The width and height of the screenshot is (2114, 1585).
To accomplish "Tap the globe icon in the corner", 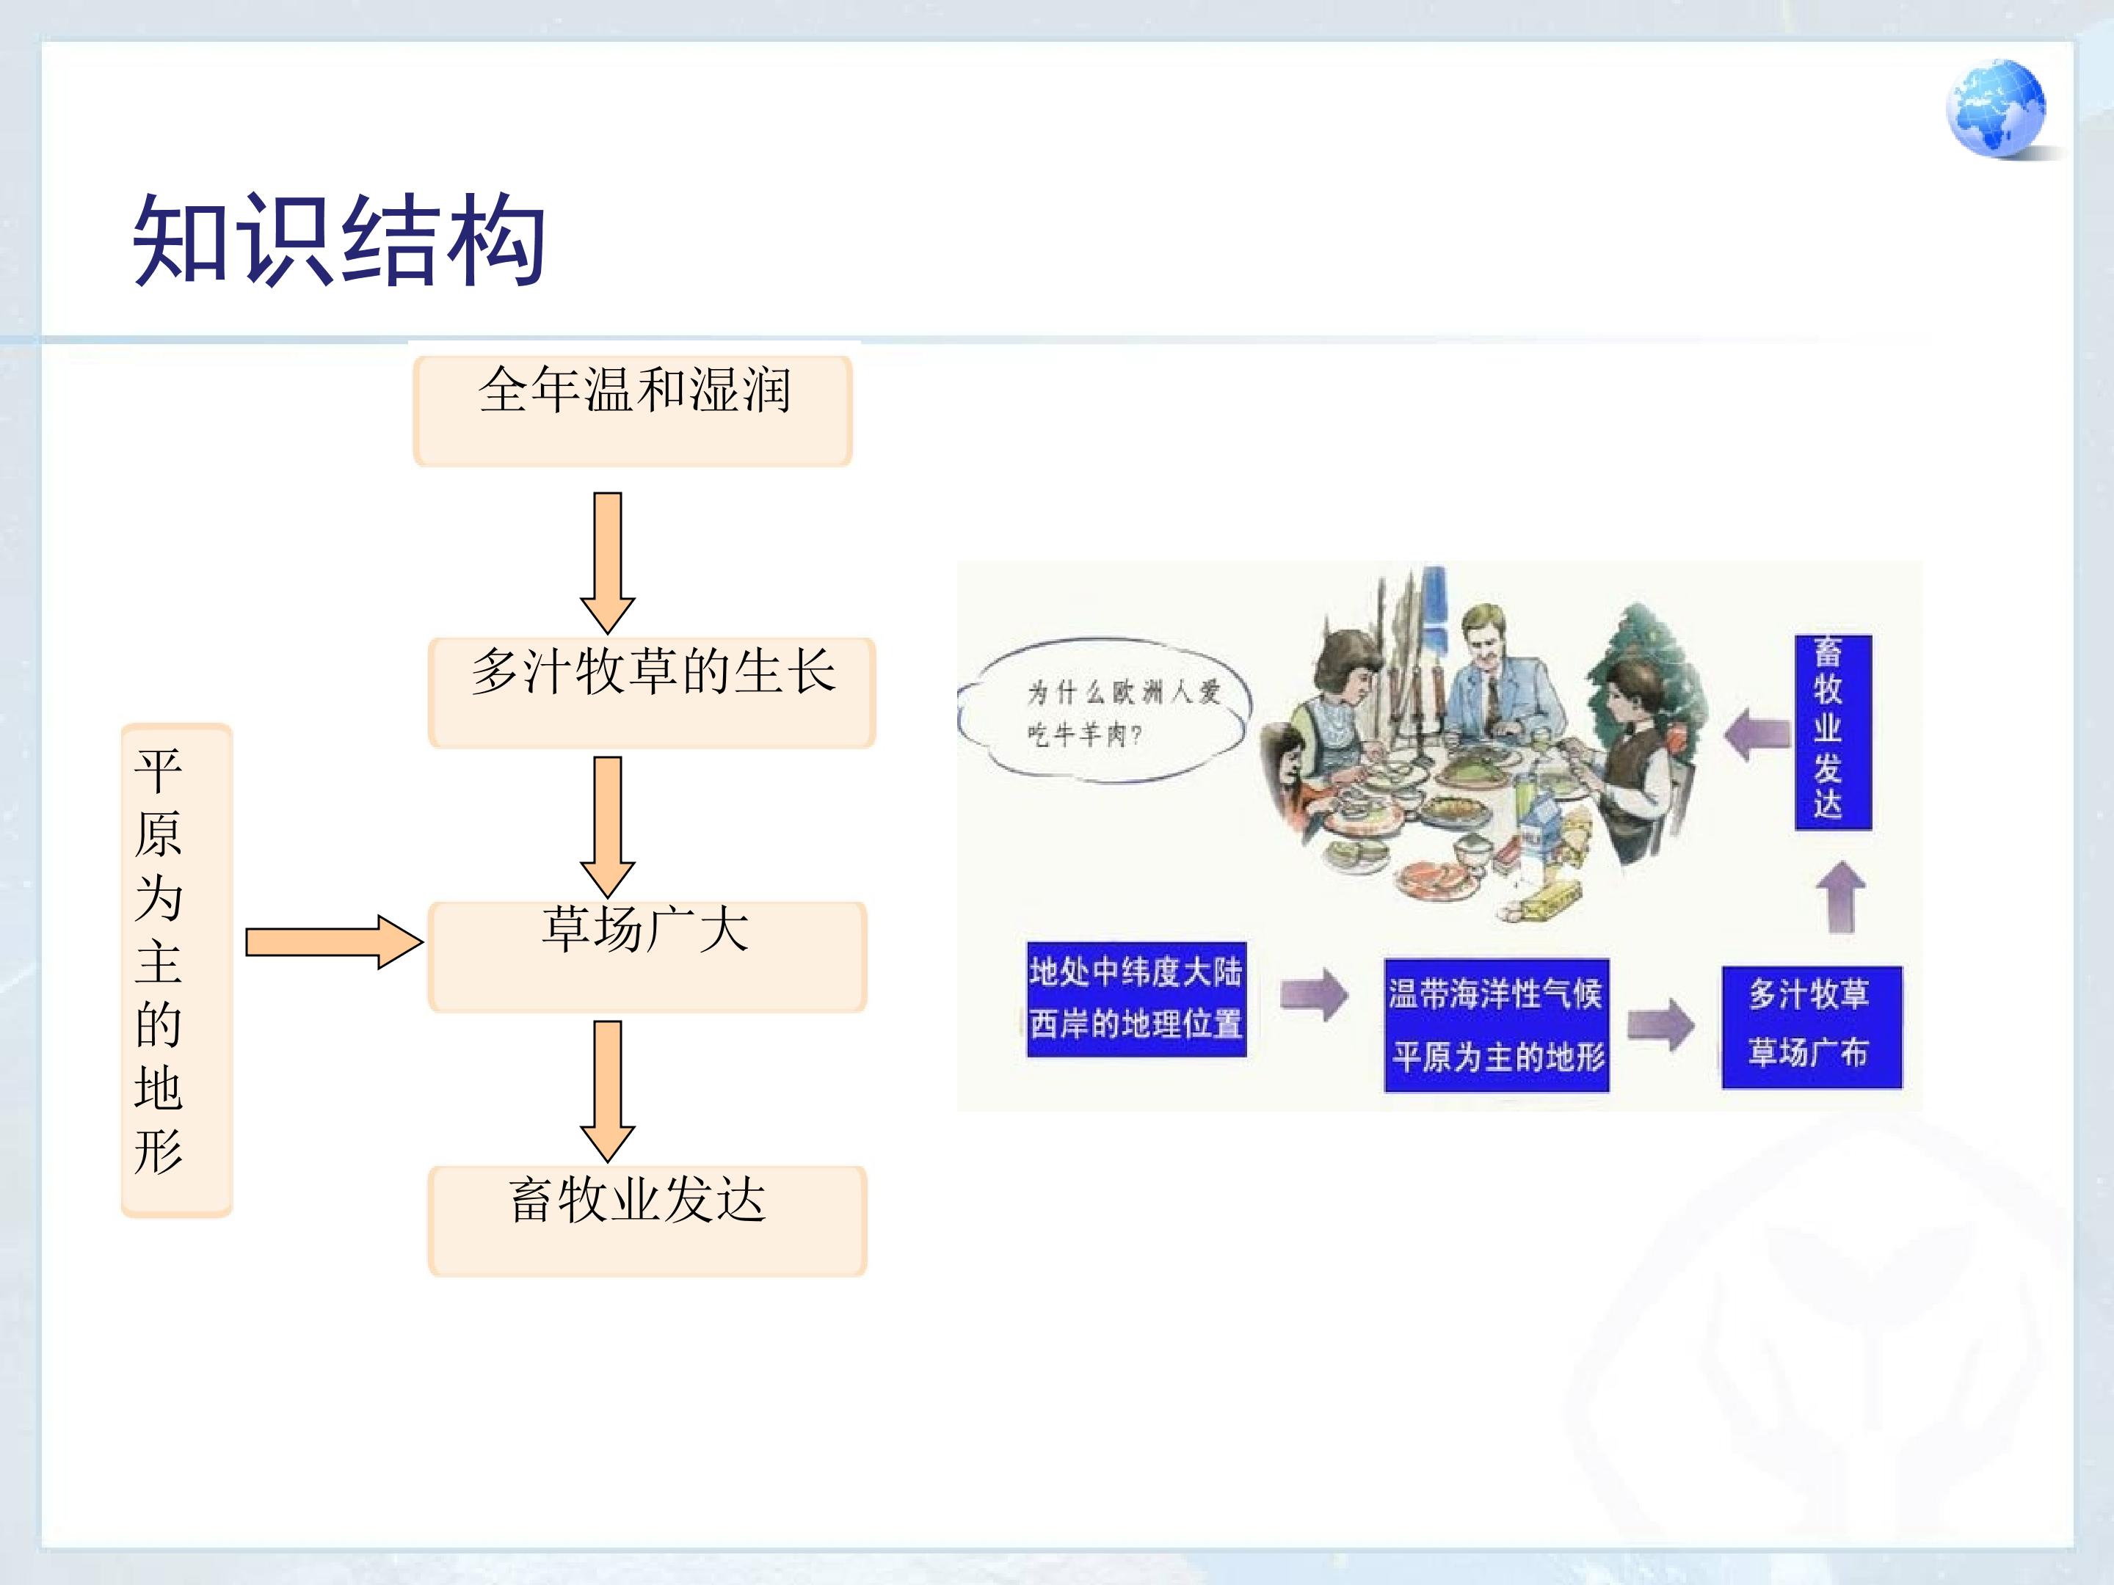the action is tap(1996, 108).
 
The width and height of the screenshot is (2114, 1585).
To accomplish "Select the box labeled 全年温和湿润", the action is tap(633, 410).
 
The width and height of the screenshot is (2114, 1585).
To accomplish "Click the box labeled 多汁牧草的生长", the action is tap(652, 693).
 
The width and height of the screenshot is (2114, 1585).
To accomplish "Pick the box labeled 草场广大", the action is tap(647, 956).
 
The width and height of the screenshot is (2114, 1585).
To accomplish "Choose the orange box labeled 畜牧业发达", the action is tap(647, 1220).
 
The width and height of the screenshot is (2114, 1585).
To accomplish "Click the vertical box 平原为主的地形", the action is tap(177, 970).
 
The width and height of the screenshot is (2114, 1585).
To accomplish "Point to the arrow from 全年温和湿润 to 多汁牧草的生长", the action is tap(608, 563).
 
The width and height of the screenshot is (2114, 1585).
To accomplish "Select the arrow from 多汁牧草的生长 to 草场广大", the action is tap(608, 826).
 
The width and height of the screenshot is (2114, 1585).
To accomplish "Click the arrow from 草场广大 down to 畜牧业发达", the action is tap(608, 1091).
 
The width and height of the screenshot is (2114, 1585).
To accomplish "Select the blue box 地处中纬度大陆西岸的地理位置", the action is tap(1136, 999).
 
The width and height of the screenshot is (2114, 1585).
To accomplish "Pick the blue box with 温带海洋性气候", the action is tap(1497, 1025).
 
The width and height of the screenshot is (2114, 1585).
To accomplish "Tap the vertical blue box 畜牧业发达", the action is tap(1832, 732).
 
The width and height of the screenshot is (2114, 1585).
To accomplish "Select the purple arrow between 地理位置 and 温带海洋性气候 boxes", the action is tap(1313, 994).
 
